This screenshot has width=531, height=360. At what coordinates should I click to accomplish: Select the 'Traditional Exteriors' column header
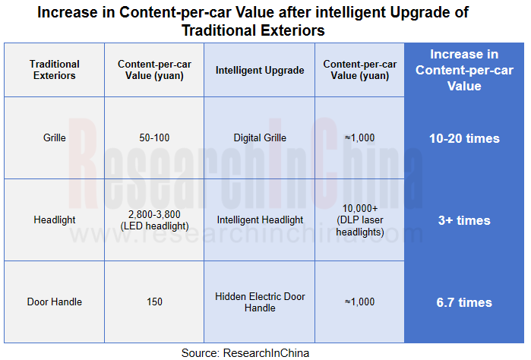[54, 70]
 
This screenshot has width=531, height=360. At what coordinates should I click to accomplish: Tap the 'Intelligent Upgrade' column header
[260, 70]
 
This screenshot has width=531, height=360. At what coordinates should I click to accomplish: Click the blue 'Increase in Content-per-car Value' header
[464, 70]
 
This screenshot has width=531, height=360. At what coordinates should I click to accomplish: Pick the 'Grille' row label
[54, 138]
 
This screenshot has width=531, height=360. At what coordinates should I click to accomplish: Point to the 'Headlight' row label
[54, 220]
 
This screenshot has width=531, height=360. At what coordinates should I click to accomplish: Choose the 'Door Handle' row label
[54, 302]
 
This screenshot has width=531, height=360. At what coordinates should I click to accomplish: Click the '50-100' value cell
[154, 138]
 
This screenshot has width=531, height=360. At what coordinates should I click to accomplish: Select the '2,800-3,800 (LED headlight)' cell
[154, 220]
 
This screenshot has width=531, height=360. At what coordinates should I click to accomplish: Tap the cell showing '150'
[154, 302]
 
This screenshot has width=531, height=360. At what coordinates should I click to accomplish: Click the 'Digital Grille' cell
[260, 138]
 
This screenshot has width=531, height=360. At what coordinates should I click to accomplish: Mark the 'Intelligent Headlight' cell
[260, 220]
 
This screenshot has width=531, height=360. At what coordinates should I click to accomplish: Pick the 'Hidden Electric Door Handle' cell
[260, 302]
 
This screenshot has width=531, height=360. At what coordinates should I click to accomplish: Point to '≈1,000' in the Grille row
[359, 138]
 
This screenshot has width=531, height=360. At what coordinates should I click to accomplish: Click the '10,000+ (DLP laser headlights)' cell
[359, 220]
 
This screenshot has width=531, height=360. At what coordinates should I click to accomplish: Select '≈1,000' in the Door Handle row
[359, 302]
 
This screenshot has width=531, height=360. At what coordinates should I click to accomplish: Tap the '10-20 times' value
[464, 138]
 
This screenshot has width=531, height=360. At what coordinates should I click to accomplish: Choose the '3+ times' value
[464, 220]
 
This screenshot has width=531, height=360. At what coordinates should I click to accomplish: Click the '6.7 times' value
[464, 302]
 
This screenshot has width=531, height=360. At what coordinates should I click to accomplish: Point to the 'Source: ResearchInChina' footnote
[245, 352]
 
